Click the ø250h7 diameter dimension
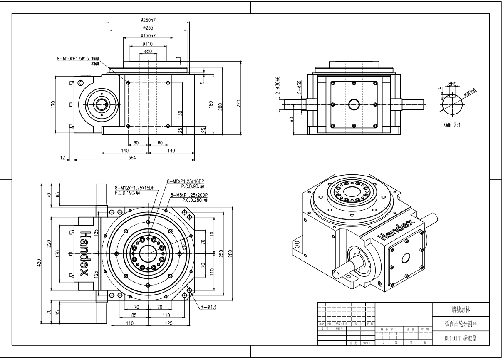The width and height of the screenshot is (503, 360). click(148, 20)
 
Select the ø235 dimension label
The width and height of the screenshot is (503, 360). click(148, 27)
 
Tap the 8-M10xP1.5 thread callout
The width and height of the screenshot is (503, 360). click(73, 59)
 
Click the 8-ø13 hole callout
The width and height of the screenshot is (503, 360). click(208, 308)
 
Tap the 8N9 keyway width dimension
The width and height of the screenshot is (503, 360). click(452, 84)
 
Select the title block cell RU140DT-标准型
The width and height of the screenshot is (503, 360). click(460, 338)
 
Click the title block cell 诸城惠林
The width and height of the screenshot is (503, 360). click(460, 310)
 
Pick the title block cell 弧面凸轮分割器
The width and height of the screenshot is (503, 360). click(460, 324)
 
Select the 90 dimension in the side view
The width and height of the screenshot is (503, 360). click(292, 119)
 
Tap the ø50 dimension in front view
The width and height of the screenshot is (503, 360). click(148, 51)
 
